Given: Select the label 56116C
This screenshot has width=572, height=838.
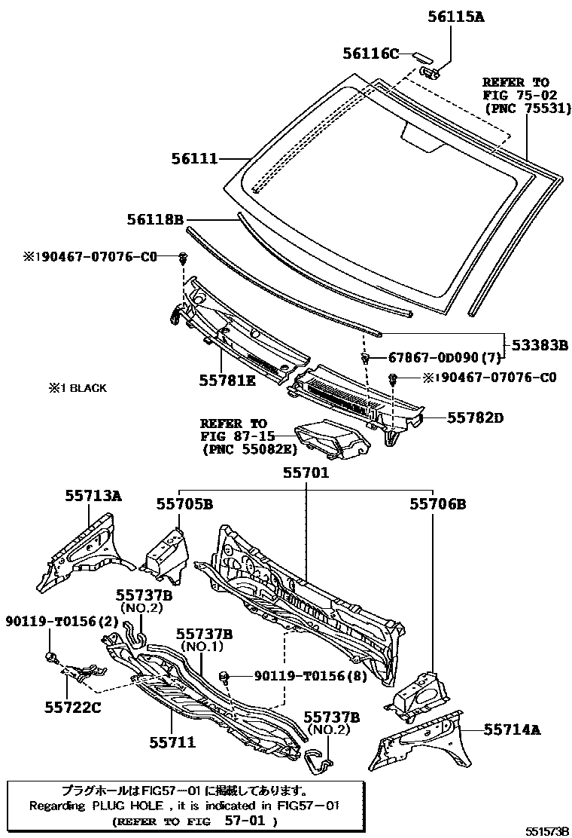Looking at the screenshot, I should click(370, 53).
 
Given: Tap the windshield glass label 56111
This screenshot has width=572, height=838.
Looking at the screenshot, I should click(193, 159).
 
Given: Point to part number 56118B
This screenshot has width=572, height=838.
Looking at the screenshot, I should click(156, 219).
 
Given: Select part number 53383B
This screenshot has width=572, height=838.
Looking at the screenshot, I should click(540, 345).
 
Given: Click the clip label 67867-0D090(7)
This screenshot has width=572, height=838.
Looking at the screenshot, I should click(432, 357).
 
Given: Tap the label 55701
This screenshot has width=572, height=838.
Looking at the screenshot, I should click(306, 473).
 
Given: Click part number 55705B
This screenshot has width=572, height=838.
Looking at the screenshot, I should click(184, 503).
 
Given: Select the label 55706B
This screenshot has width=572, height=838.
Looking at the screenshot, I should click(438, 503).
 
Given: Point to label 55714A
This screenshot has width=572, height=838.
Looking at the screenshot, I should click(512, 729).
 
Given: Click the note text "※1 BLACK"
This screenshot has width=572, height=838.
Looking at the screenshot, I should click(78, 389).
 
